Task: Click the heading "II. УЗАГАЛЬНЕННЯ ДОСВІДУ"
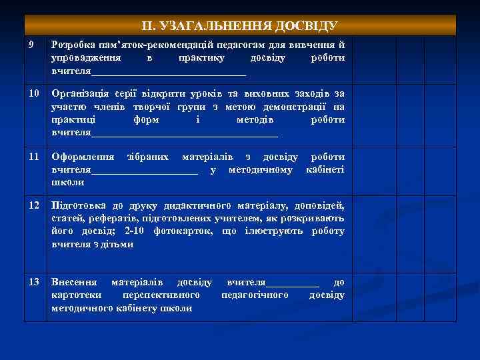pyautogui.click(x=240, y=26)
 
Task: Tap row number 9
pyautogui.click(x=32, y=45)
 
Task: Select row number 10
pyautogui.click(x=33, y=93)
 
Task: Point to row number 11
pyautogui.click(x=33, y=157)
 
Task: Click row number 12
pyautogui.click(x=33, y=205)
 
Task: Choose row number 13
pyautogui.click(x=33, y=282)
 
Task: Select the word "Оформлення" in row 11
pyautogui.click(x=83, y=157)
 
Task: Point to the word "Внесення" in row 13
pyautogui.click(x=74, y=282)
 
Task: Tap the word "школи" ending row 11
pyautogui.click(x=67, y=182)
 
